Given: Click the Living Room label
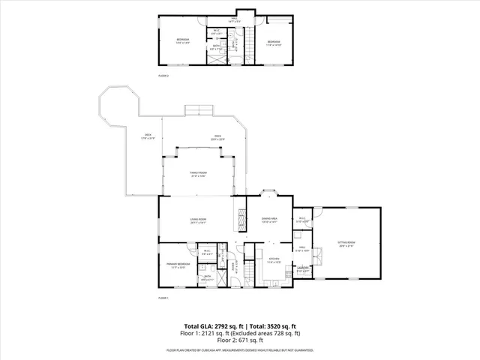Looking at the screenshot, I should click(198, 220).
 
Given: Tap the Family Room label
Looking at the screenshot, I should click(198, 175).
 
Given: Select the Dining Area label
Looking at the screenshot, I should click(270, 220).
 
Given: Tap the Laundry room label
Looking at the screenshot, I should click(303, 269).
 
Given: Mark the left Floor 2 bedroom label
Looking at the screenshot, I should click(183, 40).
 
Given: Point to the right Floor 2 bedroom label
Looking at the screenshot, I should click(273, 42).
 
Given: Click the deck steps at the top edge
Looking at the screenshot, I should click(198, 111).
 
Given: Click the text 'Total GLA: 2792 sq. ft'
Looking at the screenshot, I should click(216, 327).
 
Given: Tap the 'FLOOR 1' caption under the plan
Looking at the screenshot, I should click(163, 298).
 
